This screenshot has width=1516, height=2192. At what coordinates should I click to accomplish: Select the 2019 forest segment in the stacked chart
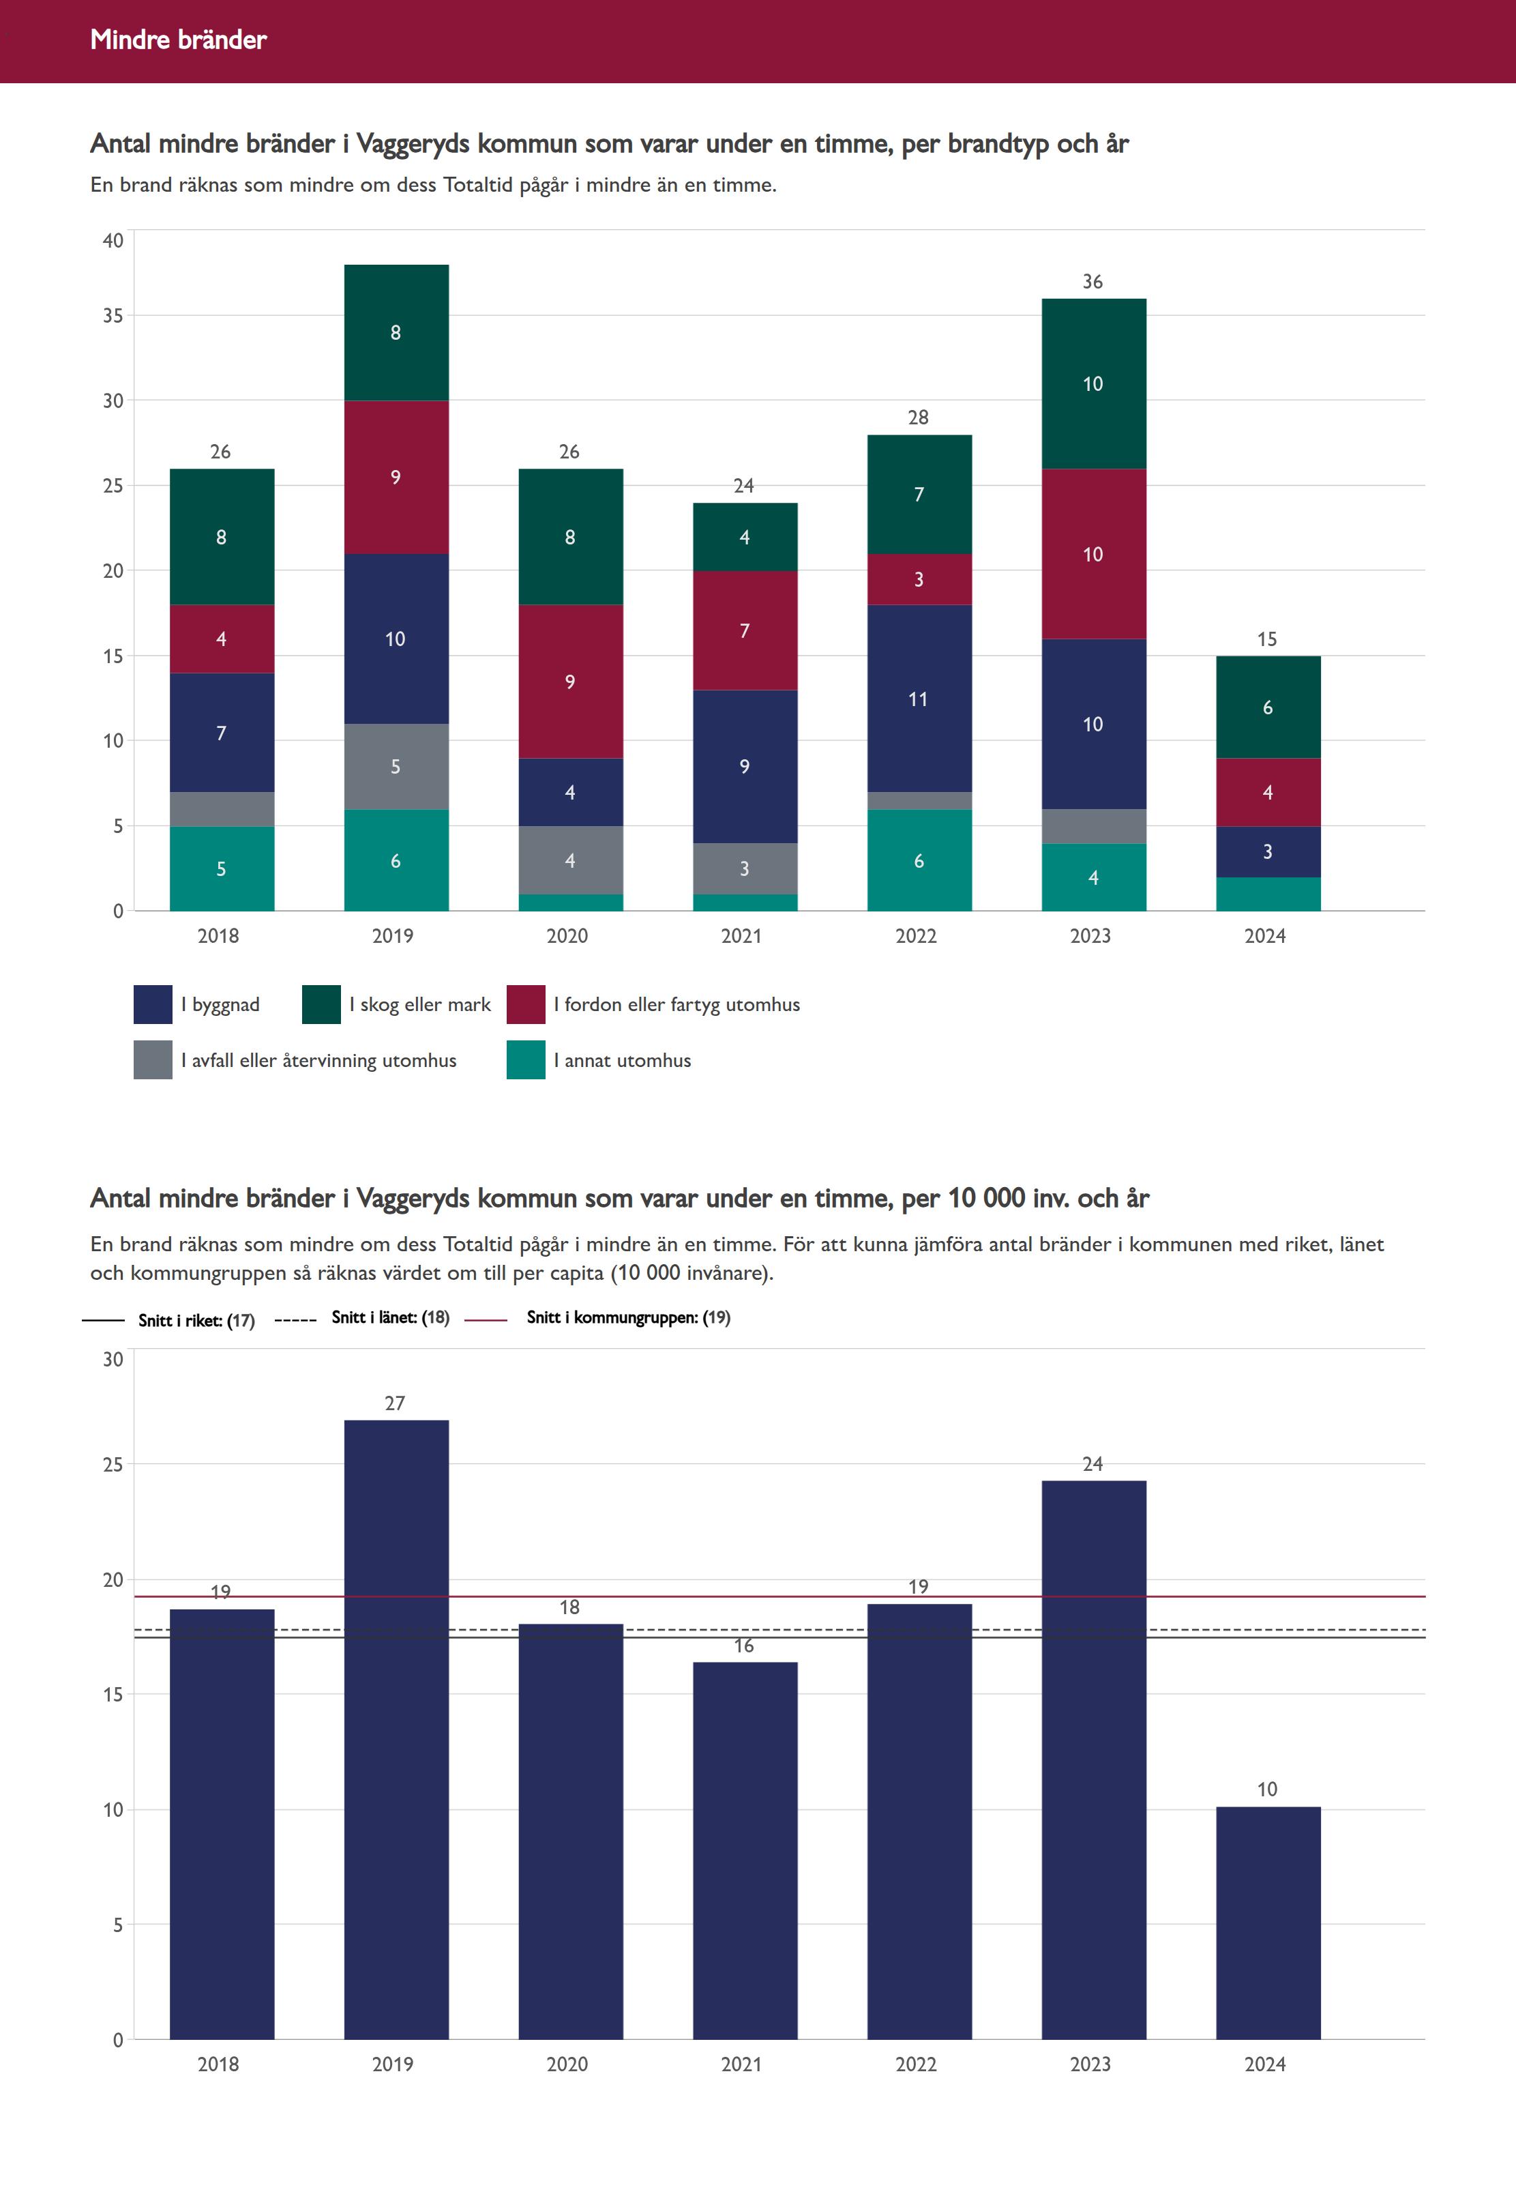396,332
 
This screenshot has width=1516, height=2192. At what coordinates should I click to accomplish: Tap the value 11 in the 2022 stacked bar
919,699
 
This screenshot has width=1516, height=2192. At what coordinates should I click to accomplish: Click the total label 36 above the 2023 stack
1093,282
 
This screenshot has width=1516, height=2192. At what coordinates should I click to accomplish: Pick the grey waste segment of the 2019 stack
396,766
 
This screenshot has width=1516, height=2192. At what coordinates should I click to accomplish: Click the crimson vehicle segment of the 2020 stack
570,682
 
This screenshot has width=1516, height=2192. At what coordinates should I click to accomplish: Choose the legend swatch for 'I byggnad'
153,1004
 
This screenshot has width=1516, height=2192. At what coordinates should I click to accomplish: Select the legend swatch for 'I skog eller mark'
321,1004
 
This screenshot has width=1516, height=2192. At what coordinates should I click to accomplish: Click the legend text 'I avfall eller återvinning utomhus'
318,1060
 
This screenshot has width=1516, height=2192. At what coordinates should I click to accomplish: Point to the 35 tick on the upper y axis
113,315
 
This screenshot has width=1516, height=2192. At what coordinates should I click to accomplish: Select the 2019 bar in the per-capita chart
396,1729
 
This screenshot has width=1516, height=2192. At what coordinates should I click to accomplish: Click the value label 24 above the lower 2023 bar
1093,1464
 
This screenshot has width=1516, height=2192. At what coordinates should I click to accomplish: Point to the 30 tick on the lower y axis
113,1360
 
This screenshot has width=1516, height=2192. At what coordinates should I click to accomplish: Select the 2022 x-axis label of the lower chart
916,2064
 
